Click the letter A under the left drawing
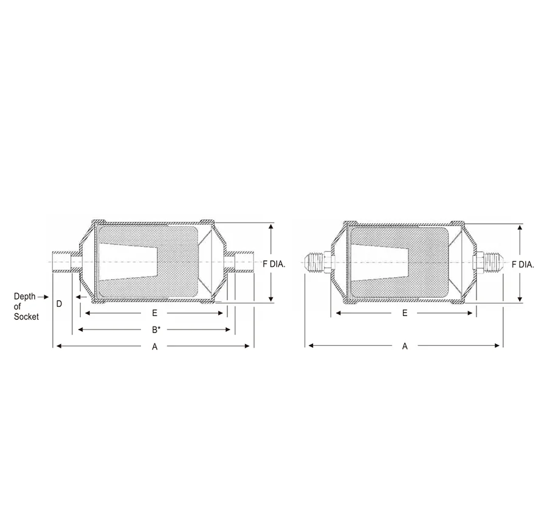155,347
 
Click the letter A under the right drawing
405,347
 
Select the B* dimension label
156,330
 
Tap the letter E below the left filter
155,313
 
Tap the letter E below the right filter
405,313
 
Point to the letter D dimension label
59,303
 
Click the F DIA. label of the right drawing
523,264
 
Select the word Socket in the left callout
26,317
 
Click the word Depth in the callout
25,297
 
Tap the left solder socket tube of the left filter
63,261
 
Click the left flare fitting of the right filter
314,261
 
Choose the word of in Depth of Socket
18,307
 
